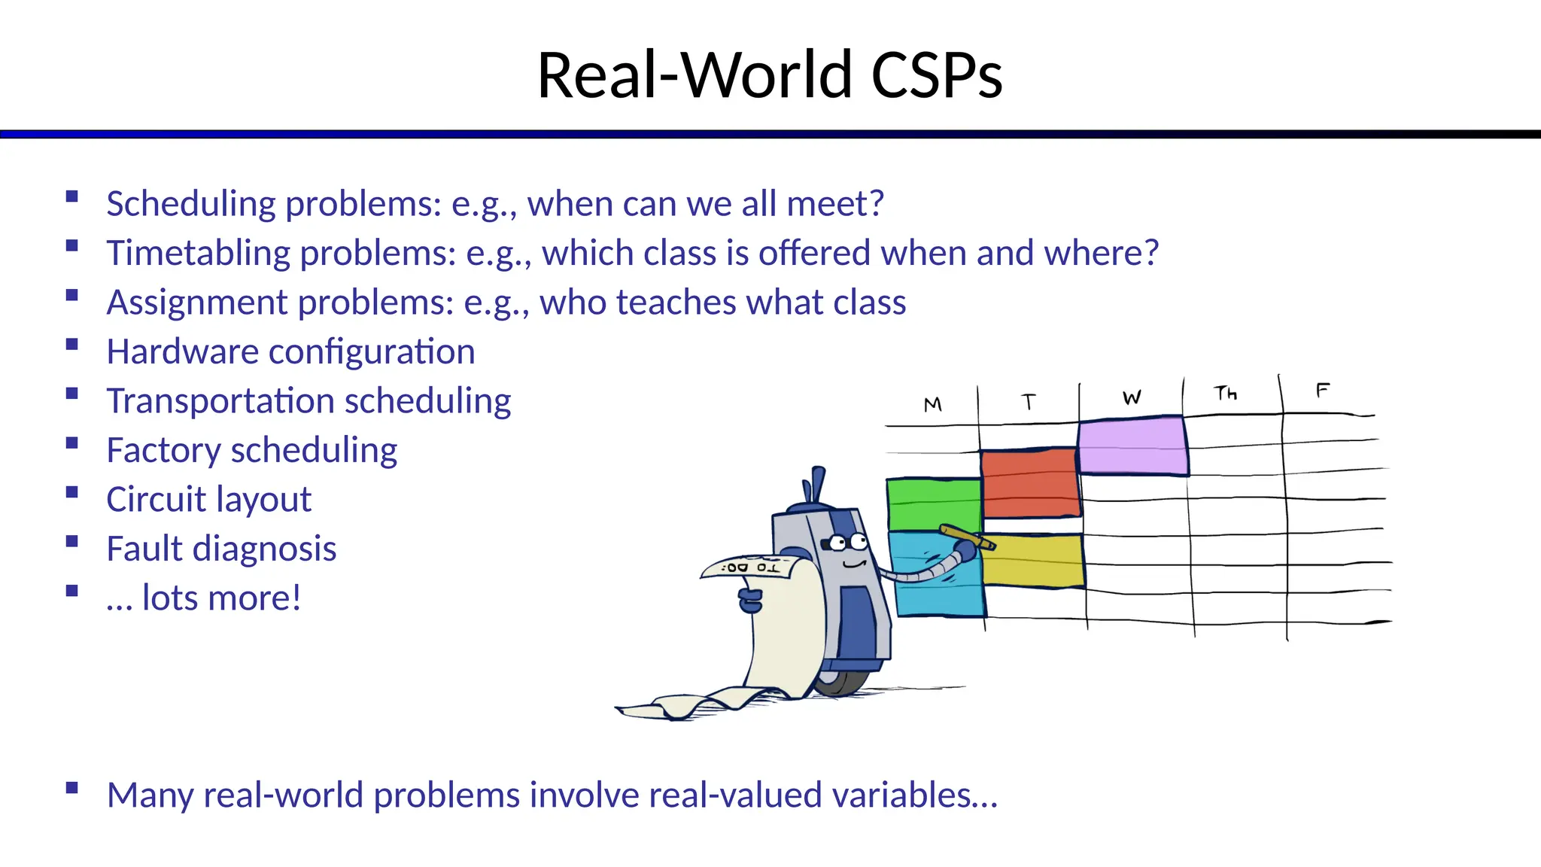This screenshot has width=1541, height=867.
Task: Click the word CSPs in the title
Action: [x=936, y=75]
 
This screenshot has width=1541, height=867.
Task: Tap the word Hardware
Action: [x=182, y=352]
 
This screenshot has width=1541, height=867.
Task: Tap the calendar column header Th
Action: [x=1225, y=394]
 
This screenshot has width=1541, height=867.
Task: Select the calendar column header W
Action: [x=1132, y=398]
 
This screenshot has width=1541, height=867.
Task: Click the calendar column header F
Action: [x=1322, y=391]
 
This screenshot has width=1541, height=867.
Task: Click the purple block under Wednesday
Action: [x=1132, y=446]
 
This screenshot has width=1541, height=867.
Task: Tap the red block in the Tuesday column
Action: [x=1030, y=483]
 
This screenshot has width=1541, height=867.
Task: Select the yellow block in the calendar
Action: [x=1035, y=561]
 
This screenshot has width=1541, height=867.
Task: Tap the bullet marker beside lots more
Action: [x=72, y=592]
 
